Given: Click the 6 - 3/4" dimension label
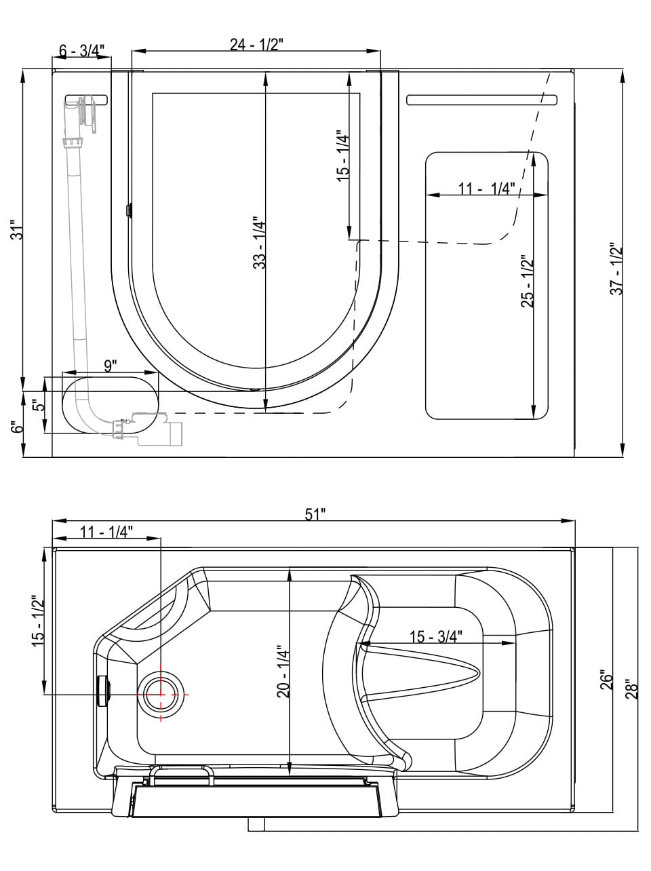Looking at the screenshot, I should (81, 51).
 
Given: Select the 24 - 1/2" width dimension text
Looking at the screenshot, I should (256, 45).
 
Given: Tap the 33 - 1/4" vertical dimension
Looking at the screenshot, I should (259, 242).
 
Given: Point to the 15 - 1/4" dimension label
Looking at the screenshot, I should (343, 155).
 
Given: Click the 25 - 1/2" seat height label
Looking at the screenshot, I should (528, 282).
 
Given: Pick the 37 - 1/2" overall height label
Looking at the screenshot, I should (616, 268).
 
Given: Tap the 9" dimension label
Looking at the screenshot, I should (110, 366).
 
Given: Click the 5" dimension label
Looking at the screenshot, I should (39, 407).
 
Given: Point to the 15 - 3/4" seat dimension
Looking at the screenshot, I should (435, 636).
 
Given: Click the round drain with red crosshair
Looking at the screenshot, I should (161, 695).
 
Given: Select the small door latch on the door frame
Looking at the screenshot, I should (128, 210).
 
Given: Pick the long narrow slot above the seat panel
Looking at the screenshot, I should (481, 100).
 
